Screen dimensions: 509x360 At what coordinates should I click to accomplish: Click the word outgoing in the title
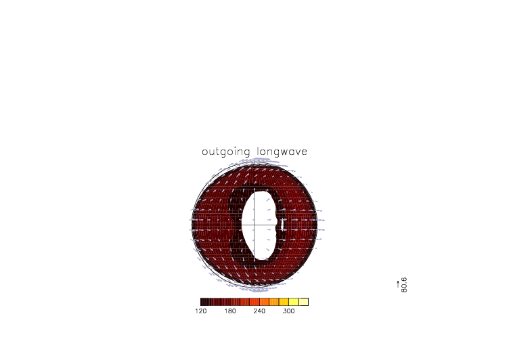(x=226, y=152)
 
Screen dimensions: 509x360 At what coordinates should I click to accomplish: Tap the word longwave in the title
(x=282, y=152)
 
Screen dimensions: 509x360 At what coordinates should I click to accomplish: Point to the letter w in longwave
(x=285, y=152)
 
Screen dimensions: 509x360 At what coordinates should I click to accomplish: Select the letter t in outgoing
(x=217, y=152)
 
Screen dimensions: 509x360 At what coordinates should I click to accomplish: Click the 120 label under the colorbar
(x=201, y=311)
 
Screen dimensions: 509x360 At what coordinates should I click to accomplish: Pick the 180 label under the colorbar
(x=230, y=311)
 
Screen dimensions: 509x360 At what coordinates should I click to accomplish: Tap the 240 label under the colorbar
(x=259, y=311)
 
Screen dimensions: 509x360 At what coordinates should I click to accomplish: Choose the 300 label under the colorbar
(x=288, y=311)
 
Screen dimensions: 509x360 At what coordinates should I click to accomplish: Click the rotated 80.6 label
(x=404, y=285)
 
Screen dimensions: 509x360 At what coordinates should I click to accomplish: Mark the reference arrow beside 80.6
(x=398, y=284)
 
